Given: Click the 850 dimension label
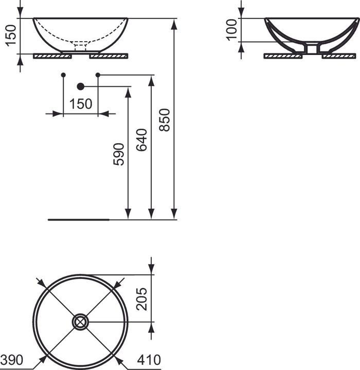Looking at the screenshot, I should click(x=165, y=119).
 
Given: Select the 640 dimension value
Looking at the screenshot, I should click(x=142, y=140).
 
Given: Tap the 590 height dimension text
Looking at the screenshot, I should click(x=119, y=154).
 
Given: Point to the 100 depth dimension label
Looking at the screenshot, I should click(x=231, y=30).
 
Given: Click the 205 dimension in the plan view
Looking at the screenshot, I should click(x=142, y=299).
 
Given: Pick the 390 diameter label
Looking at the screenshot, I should click(x=11, y=360).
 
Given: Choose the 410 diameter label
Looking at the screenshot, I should click(x=150, y=360).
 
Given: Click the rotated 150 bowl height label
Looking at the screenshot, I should click(x=10, y=35).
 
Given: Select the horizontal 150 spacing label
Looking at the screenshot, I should click(x=81, y=104).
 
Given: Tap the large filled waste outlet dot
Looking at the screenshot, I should click(x=80, y=86).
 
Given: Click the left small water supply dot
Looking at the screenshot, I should click(x=63, y=75).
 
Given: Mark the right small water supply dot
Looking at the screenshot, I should click(x=98, y=75).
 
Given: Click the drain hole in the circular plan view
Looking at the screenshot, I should click(x=81, y=322).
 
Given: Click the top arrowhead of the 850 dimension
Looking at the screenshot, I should click(x=174, y=23).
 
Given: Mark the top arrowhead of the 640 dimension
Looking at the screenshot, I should click(x=151, y=80).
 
